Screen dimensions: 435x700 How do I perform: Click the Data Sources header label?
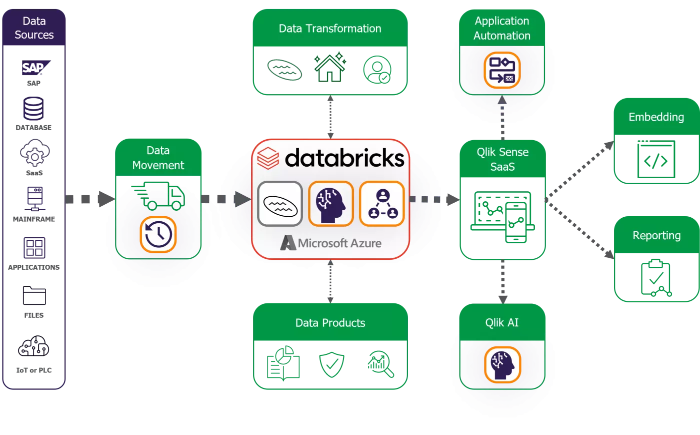pos(34,28)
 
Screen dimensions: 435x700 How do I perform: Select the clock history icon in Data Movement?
pos(158,234)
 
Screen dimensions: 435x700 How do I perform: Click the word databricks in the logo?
pos(344,158)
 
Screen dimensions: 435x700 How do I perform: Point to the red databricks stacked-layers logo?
pos(268,158)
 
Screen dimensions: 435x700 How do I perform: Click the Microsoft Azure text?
pos(339,243)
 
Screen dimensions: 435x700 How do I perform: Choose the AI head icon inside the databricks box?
pos(330,204)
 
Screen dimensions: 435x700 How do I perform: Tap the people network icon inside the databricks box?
pos(382,204)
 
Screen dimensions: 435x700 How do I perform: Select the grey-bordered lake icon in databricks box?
pos(280,204)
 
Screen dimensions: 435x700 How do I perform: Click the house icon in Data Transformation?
pos(329,68)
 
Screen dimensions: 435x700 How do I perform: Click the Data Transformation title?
pos(330,29)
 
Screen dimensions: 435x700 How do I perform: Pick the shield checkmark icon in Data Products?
pos(331,364)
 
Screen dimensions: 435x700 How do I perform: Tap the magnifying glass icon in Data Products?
pos(381,364)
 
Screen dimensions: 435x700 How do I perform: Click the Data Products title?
pos(330,323)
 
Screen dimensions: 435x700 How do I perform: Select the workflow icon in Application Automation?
pos(502,70)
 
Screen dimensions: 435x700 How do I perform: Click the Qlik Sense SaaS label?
pos(502,159)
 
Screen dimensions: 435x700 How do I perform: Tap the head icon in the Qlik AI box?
pos(502,364)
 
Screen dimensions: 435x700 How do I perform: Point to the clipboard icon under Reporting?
pos(655,278)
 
